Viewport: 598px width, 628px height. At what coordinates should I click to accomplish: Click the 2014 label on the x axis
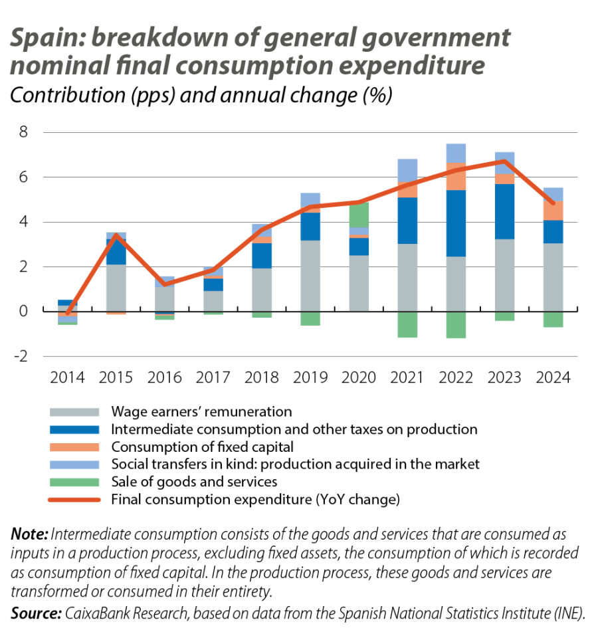[68, 377]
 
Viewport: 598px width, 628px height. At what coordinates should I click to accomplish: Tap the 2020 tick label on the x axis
[359, 377]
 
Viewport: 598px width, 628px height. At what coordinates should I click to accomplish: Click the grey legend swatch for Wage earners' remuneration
[73, 412]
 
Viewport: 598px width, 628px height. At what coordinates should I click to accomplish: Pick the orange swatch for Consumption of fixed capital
[73, 447]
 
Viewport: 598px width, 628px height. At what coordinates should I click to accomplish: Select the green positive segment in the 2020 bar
[359, 215]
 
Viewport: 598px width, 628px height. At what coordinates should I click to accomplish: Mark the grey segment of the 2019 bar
[310, 275]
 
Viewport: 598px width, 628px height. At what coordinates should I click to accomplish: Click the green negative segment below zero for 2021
[407, 325]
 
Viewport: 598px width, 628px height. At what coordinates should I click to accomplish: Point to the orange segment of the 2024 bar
[553, 211]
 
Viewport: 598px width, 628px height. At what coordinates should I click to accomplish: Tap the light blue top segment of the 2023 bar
[504, 162]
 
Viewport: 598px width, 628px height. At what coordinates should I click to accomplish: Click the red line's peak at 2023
[504, 161]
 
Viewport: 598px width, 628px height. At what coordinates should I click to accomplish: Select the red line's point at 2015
[116, 235]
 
